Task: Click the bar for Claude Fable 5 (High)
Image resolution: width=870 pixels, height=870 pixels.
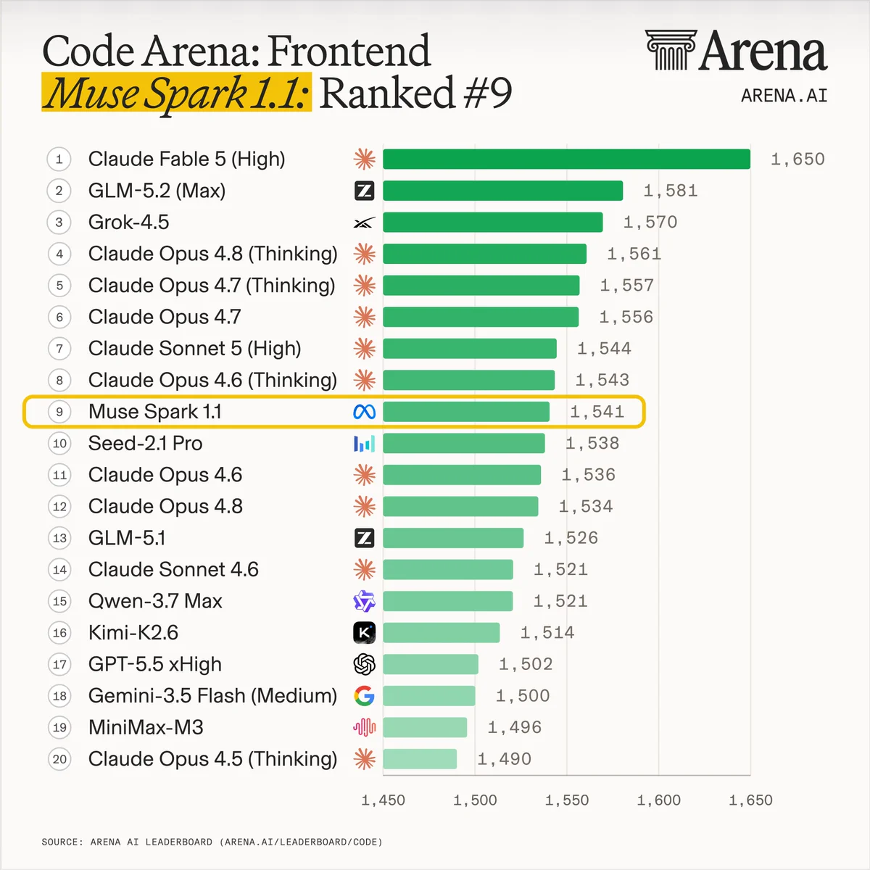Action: (567, 159)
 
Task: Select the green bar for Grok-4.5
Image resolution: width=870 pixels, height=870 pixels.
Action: (492, 222)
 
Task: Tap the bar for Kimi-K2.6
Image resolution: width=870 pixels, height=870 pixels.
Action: (441, 632)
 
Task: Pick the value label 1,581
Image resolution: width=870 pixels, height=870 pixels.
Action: (671, 191)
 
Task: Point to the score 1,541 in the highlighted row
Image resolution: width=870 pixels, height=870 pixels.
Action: (597, 412)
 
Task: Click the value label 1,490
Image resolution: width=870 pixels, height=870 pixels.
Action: (505, 759)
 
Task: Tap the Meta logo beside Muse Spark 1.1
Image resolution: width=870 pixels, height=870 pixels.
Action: (365, 412)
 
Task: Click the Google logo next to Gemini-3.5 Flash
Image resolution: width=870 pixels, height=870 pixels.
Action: (365, 696)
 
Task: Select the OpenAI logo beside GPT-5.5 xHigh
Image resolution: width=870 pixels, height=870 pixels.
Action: (365, 664)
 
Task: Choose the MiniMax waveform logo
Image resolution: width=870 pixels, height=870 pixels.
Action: (365, 727)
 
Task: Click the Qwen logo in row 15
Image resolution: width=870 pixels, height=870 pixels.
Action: (365, 601)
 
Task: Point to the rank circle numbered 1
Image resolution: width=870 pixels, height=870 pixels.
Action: (59, 159)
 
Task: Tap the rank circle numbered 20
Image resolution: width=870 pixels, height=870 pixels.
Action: (59, 759)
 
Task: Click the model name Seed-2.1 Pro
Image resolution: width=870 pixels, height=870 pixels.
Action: (146, 444)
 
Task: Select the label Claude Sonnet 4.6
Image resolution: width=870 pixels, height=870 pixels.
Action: (173, 569)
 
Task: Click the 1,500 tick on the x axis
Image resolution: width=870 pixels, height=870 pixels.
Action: (475, 800)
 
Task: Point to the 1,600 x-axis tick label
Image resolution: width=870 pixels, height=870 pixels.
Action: (659, 800)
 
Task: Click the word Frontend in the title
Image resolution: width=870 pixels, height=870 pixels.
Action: (349, 51)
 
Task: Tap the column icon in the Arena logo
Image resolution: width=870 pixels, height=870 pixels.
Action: (671, 50)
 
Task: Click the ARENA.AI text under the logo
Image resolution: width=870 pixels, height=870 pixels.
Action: (784, 96)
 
